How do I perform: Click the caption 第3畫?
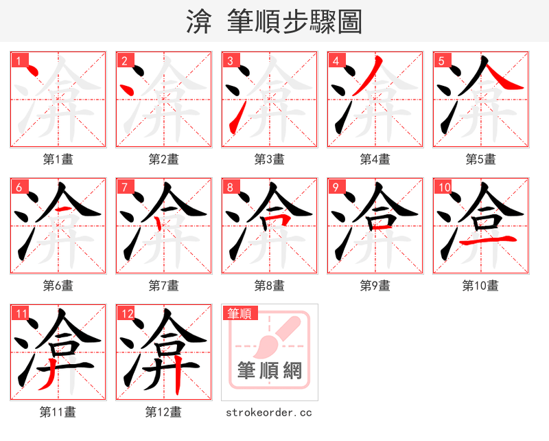click(x=269, y=159)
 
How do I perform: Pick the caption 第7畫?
click(x=163, y=286)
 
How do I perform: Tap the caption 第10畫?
click(x=480, y=286)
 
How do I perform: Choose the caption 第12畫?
click(x=163, y=412)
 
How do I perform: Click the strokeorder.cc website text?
click(x=269, y=412)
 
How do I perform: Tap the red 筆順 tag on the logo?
click(x=240, y=313)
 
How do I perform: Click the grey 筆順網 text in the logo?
click(x=269, y=371)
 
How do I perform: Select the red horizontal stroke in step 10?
click(x=488, y=240)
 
